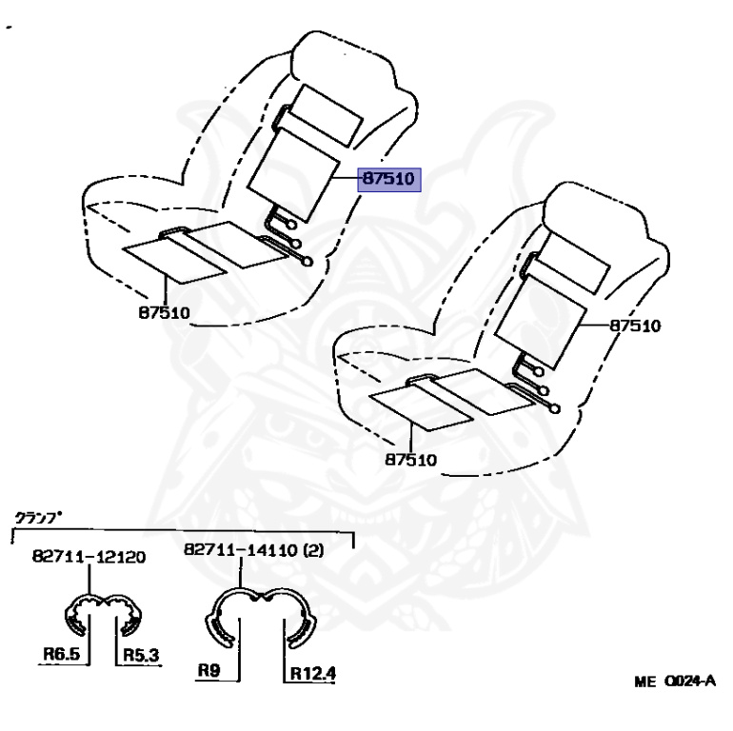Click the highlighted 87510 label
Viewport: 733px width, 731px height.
click(x=389, y=180)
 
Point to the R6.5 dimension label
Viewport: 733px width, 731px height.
click(x=60, y=654)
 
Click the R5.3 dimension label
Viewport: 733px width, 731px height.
click(x=138, y=654)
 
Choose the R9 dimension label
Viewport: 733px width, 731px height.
click(x=209, y=670)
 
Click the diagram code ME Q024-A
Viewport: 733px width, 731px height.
click(x=674, y=682)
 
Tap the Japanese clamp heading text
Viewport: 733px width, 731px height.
click(x=37, y=519)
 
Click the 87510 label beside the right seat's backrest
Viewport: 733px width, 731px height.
click(x=635, y=326)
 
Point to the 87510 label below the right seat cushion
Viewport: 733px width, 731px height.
click(x=411, y=460)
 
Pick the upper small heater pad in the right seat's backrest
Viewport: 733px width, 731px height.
click(x=572, y=263)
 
